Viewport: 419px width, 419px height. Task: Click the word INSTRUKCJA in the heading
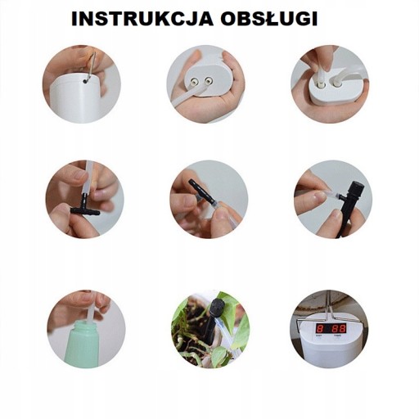(x=142, y=19)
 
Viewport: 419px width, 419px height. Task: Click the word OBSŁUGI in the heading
(x=269, y=19)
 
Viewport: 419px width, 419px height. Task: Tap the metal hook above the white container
(x=91, y=67)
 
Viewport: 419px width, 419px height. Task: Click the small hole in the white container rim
(x=86, y=81)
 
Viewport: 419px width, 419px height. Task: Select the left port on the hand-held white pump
(x=193, y=81)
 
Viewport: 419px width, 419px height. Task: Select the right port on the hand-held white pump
(x=209, y=80)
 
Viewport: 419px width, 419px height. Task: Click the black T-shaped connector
(x=84, y=206)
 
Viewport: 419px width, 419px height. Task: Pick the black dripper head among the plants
(x=219, y=307)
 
